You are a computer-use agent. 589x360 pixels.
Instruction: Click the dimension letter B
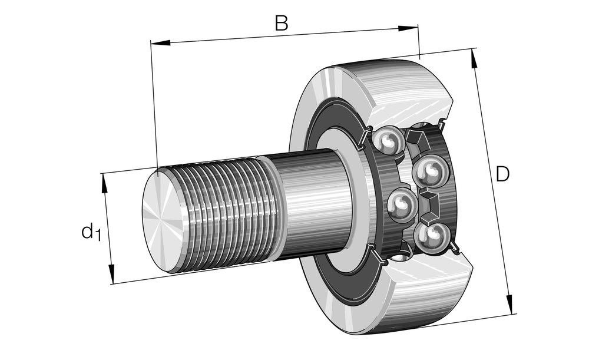point(282,23)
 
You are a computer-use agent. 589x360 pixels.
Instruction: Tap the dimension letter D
point(502,174)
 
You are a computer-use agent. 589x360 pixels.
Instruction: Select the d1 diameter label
point(91,232)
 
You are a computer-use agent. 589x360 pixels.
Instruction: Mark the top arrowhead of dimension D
point(474,58)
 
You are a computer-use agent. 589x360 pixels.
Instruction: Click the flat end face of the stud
point(160,219)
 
